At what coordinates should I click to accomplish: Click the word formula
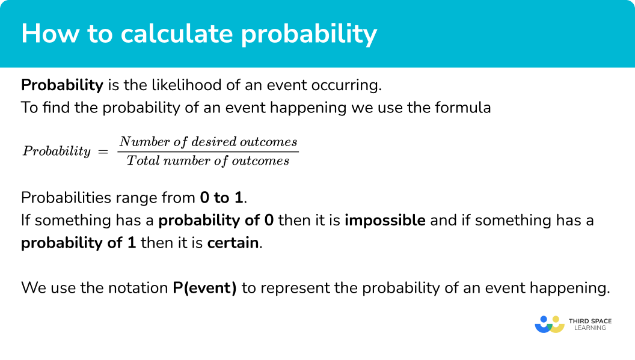pyautogui.click(x=463, y=108)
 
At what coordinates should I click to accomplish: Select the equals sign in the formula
pyautogui.click(x=103, y=151)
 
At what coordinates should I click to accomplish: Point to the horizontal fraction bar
pyautogui.click(x=208, y=152)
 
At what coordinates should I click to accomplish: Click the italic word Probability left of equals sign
pyautogui.click(x=57, y=151)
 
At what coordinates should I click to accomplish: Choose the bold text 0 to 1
pyautogui.click(x=221, y=198)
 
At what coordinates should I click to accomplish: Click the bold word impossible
pyautogui.click(x=385, y=221)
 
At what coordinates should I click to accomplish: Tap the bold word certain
pyautogui.click(x=233, y=243)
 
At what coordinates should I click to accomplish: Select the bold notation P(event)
pyautogui.click(x=205, y=288)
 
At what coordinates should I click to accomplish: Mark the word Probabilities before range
pyautogui.click(x=66, y=198)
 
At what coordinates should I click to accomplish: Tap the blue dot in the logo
pyautogui.click(x=544, y=319)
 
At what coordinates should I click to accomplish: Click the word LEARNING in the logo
pyautogui.click(x=590, y=328)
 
